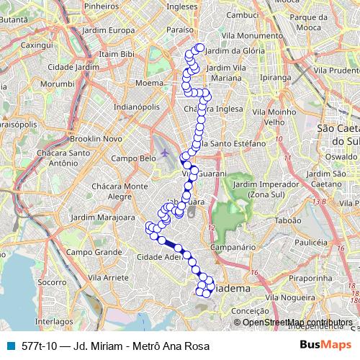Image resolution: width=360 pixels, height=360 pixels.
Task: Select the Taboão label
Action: (288, 222)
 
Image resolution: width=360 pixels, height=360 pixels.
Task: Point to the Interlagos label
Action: (49, 322)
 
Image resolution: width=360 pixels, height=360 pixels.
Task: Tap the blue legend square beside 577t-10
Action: (9, 346)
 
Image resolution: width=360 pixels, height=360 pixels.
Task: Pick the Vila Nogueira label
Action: (289, 296)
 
